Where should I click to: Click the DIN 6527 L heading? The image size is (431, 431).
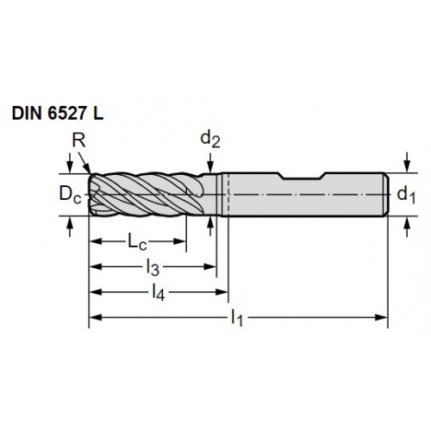pos(58,114)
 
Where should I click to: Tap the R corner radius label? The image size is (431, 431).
pos(78,141)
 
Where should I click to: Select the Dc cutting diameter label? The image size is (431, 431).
pos(70,195)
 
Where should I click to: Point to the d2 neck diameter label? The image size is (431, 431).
pos(210,140)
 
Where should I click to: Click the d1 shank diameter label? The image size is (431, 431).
pos(406,196)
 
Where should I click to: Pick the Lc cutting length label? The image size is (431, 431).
pos(137,242)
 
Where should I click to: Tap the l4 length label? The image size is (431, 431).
pos(159,293)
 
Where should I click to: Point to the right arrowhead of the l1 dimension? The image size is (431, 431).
pos(382,317)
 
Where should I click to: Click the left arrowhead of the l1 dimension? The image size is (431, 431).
pos(96,317)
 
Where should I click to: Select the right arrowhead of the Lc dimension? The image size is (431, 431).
pos(180,241)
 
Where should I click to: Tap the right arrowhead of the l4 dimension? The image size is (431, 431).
pos(222,292)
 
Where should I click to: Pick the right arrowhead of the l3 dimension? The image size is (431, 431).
pos(209,267)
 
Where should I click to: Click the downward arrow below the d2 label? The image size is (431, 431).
pos(210,163)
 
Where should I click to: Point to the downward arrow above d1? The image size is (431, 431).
pos(407,162)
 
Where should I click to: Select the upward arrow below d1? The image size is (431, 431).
pos(407,227)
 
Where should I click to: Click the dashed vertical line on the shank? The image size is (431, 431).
pos(228,194)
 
